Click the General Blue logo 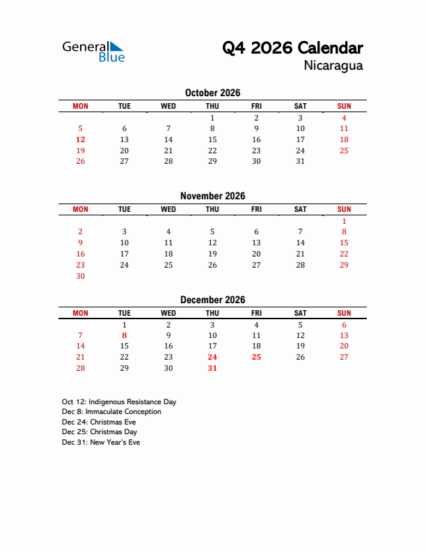pos(93,51)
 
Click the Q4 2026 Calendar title pos(292,48)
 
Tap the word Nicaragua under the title pos(333,66)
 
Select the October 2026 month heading pos(212,93)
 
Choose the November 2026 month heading pos(212,196)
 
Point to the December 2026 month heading pos(212,300)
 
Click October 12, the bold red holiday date pos(80,139)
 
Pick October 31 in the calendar pos(300,161)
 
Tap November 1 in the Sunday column pos(344,221)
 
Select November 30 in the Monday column pos(80,276)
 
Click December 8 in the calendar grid pos(124,335)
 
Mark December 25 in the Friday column pos(256,357)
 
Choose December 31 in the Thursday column pos(212,368)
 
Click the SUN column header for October pos(344,106)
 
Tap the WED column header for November pos(168,209)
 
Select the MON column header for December pos(80,313)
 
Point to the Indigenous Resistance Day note pos(119,402)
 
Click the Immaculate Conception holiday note pos(111,412)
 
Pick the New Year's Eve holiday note pos(101,443)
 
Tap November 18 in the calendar pos(168,254)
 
